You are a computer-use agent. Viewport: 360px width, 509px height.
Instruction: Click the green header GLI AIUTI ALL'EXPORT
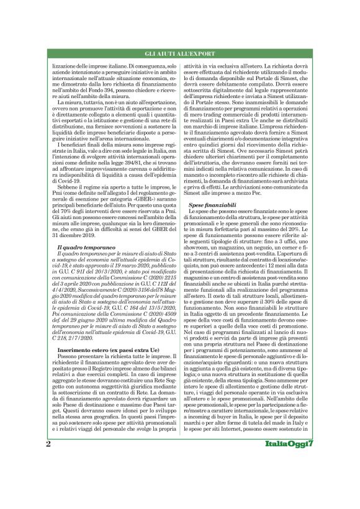pos(180,53)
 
